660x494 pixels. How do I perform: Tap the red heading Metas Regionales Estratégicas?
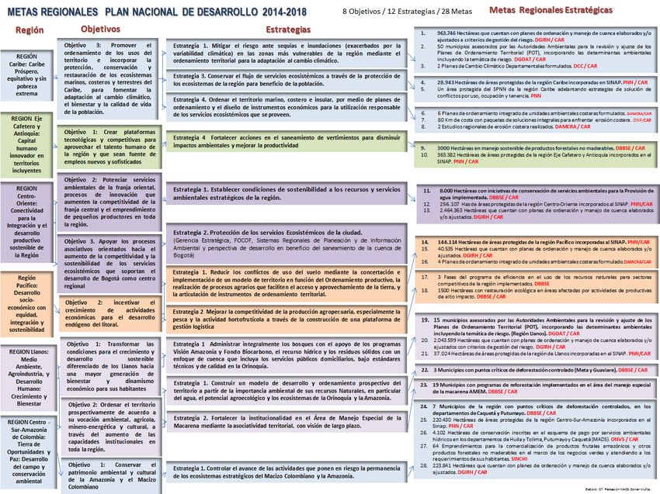tap(551, 10)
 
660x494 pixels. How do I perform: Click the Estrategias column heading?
tap(290, 29)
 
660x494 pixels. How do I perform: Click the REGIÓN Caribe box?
tap(26, 75)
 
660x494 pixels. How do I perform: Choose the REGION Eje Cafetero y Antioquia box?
tap(26, 143)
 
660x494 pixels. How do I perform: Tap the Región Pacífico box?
tap(26, 302)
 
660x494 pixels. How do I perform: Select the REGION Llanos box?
tap(26, 377)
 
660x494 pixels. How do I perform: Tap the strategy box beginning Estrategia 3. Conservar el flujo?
tap(287, 81)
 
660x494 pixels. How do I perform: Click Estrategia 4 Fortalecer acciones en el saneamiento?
tap(287, 140)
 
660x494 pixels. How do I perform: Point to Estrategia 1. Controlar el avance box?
tap(287, 472)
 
